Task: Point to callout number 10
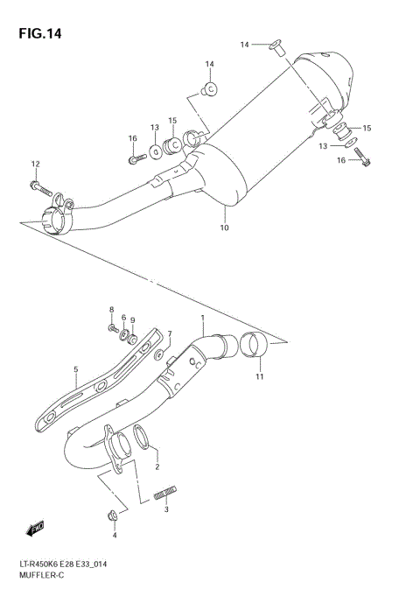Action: click(x=224, y=228)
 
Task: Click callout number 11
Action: click(x=259, y=377)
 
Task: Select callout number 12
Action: click(x=36, y=164)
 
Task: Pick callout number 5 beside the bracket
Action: click(x=76, y=370)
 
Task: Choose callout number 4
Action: click(x=114, y=534)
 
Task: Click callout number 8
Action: click(x=112, y=310)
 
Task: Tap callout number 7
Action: click(x=171, y=333)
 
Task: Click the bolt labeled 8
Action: click(x=114, y=327)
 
